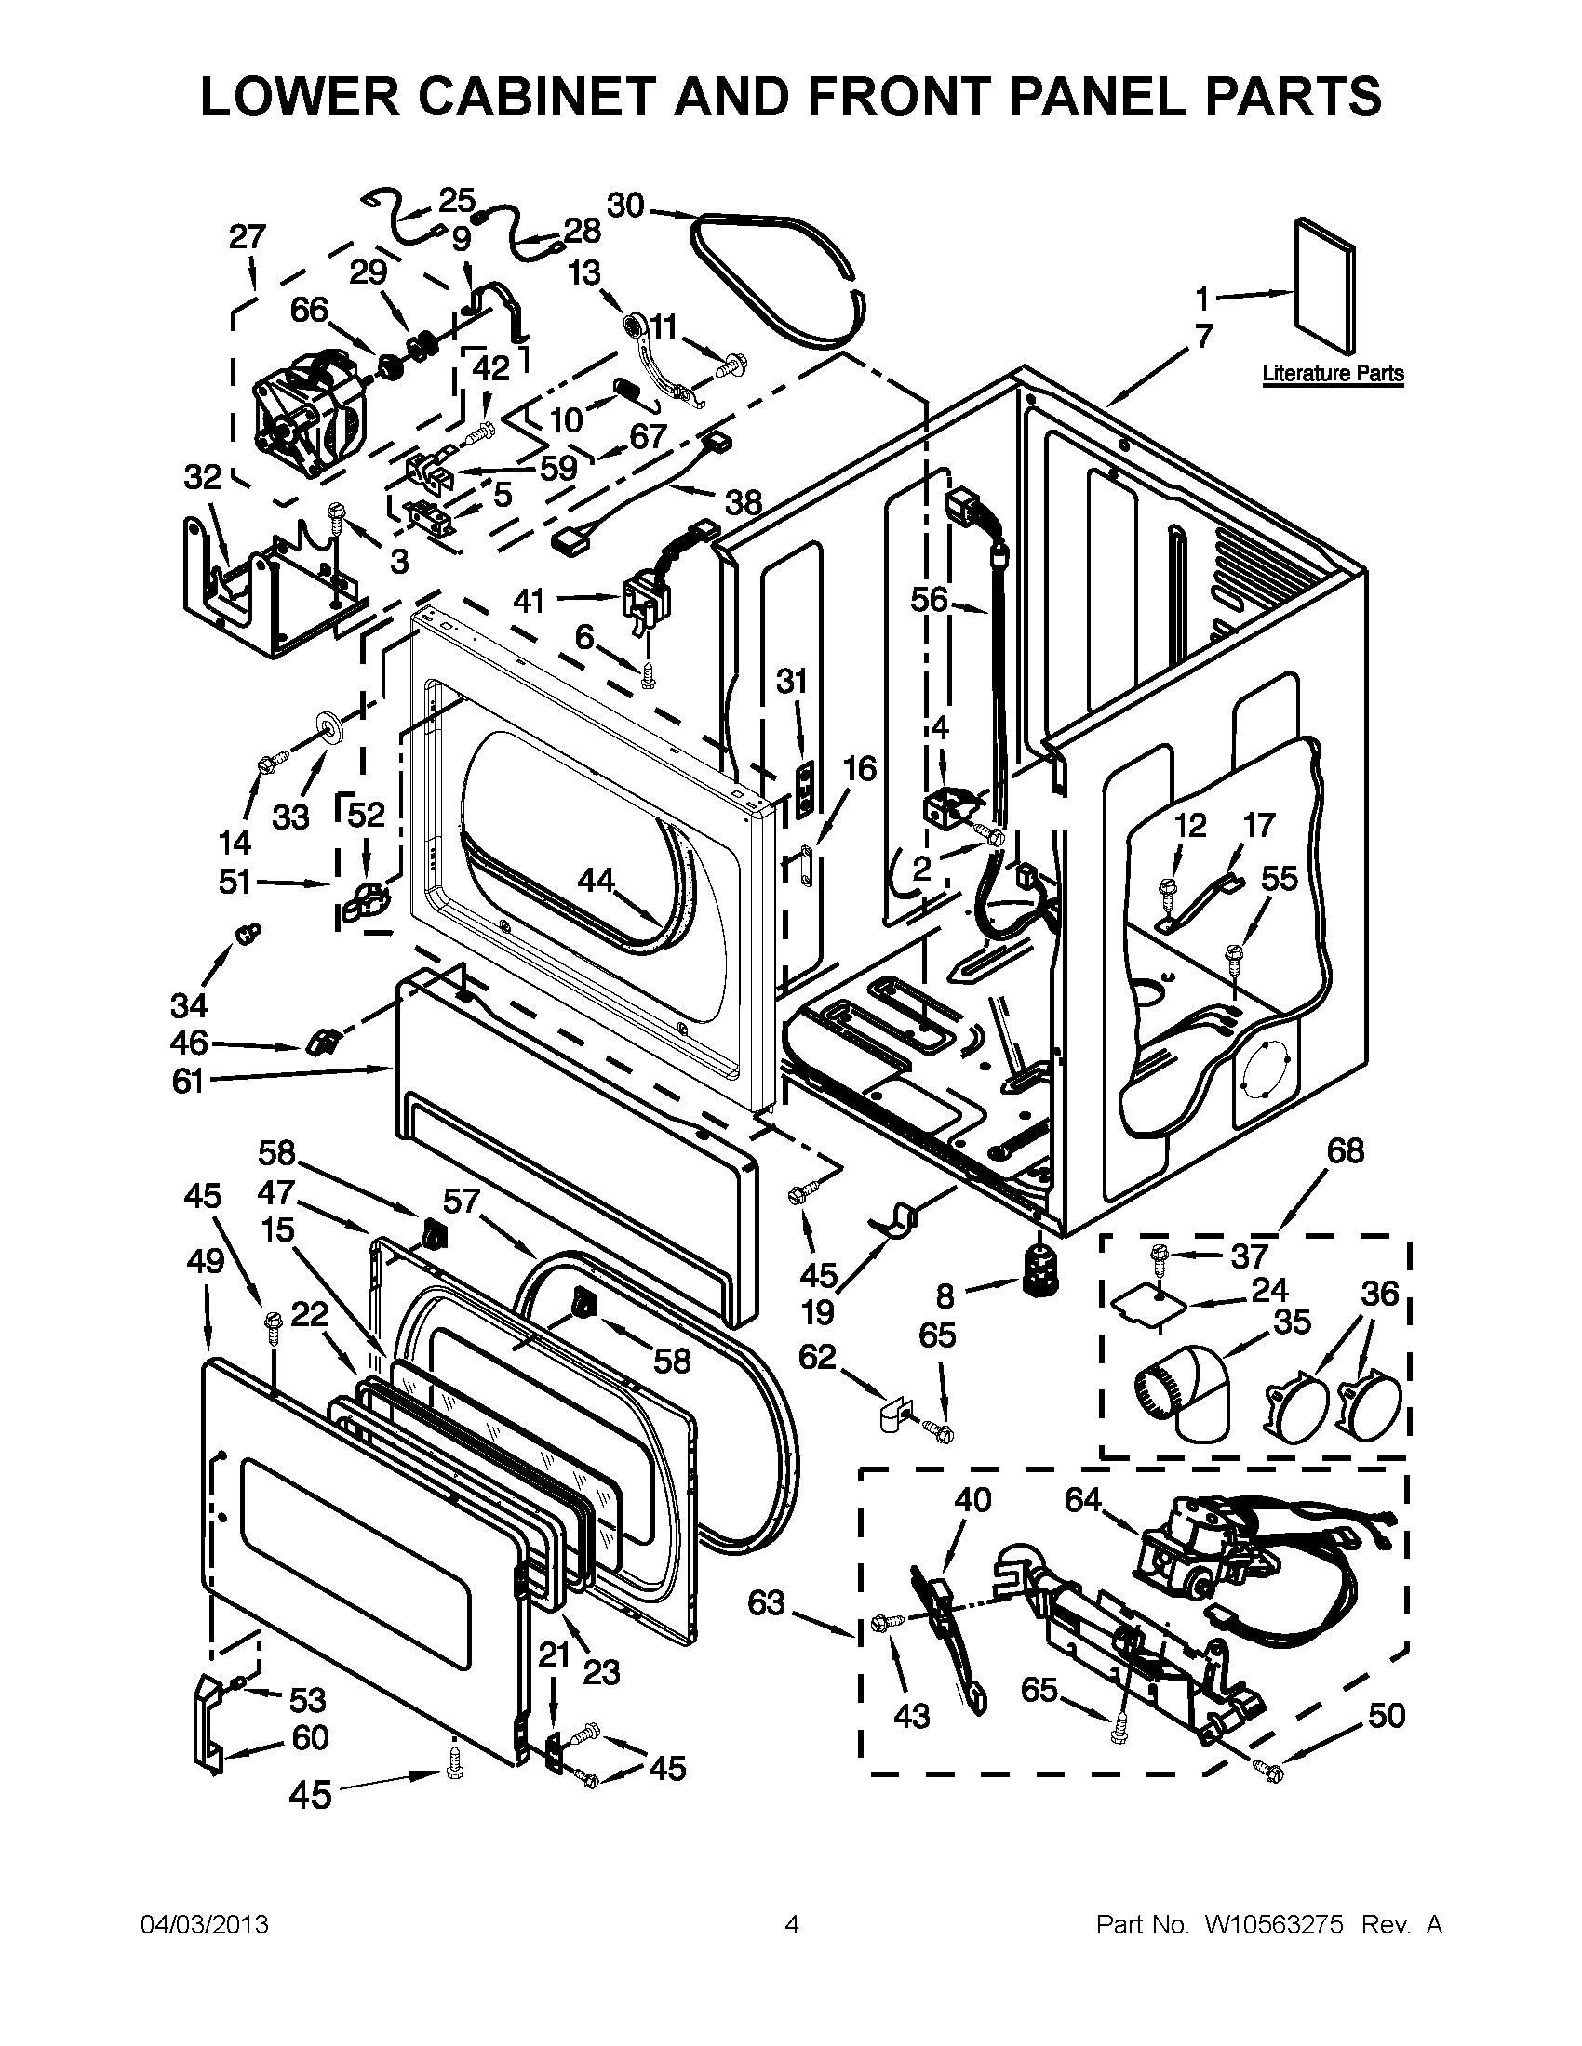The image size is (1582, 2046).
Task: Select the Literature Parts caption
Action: click(1332, 374)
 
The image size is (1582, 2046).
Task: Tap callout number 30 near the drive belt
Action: click(626, 205)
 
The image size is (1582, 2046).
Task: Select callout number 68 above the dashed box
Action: click(1346, 1149)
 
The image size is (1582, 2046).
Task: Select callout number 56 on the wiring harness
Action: click(930, 599)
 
